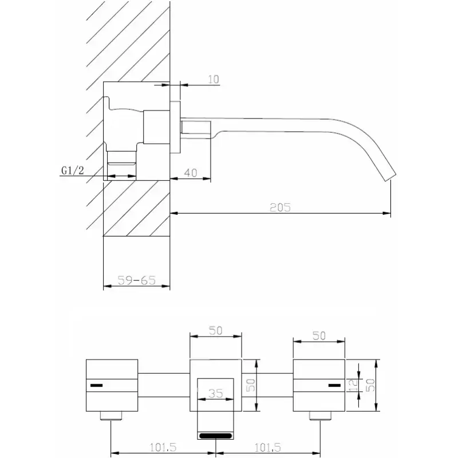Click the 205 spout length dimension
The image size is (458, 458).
click(x=280, y=207)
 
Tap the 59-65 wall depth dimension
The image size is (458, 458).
click(x=136, y=281)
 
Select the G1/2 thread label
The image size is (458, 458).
click(x=73, y=170)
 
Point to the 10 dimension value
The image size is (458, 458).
click(x=214, y=79)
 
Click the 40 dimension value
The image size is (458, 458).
click(x=191, y=173)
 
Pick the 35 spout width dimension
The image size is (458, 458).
click(x=216, y=393)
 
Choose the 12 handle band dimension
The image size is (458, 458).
click(x=353, y=385)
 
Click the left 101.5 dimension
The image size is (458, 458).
click(x=163, y=447)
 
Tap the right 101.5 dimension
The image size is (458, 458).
click(x=267, y=447)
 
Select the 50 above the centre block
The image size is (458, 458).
click(x=216, y=331)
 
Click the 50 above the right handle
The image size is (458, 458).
click(x=319, y=336)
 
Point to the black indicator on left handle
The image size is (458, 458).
click(x=96, y=385)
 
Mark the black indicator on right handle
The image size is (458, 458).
click(x=334, y=385)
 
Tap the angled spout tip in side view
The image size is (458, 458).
click(x=389, y=178)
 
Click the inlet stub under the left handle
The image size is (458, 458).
click(x=111, y=416)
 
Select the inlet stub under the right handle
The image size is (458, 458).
click(x=321, y=416)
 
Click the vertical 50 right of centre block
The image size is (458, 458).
click(x=251, y=385)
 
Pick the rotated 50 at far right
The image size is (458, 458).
click(x=370, y=385)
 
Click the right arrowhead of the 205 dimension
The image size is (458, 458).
click(x=387, y=213)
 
